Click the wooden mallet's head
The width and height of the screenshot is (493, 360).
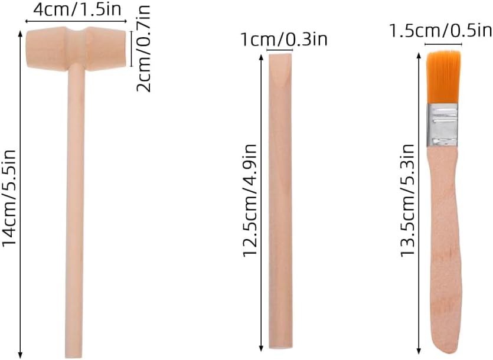[x=76, y=48]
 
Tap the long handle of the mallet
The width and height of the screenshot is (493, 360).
[x=75, y=211]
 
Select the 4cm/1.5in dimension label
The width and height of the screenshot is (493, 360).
[x=77, y=9]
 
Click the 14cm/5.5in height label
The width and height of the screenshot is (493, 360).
[x=9, y=198]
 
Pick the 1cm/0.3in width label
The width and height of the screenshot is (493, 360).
[x=284, y=40]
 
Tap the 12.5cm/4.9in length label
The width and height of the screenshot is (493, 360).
[x=250, y=201]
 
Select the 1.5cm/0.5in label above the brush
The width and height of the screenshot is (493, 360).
[x=440, y=31]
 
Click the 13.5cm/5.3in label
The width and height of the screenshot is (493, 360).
[x=407, y=201]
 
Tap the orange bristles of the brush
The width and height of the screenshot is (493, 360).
[x=443, y=77]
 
